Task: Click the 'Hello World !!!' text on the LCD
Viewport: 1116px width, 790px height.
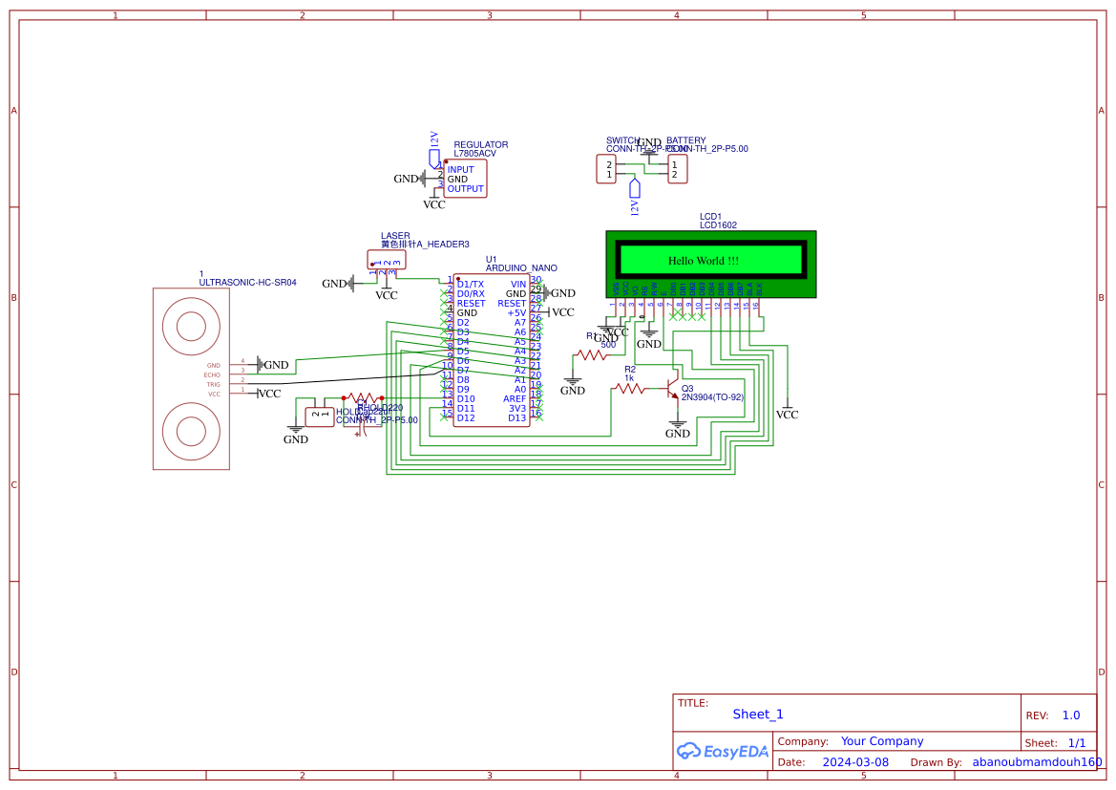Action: tap(703, 261)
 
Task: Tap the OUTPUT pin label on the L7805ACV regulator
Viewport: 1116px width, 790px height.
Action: tap(466, 189)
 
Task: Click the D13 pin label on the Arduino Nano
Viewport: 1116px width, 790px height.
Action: tap(516, 417)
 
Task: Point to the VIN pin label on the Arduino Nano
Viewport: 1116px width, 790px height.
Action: tap(518, 284)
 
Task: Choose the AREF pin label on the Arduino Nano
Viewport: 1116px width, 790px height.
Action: tap(515, 398)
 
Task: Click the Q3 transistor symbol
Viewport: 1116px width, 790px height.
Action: tap(673, 390)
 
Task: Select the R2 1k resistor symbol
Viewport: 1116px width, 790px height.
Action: tap(629, 389)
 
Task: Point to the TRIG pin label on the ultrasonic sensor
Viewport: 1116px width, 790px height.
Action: tap(213, 384)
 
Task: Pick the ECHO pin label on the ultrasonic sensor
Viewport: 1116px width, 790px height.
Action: tap(212, 374)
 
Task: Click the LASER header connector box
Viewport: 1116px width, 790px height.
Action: tap(386, 259)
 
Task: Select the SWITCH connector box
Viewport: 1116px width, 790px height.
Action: tap(606, 170)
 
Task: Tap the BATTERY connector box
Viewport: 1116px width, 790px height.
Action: tap(677, 170)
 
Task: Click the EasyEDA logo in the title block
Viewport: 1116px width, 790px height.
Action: tap(723, 752)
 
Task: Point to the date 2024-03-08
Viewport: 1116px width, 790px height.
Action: tap(855, 762)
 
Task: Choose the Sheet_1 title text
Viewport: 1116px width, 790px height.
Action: tap(758, 715)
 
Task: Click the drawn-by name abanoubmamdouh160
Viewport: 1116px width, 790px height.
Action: tap(1037, 762)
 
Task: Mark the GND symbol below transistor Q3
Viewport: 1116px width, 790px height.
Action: tap(678, 428)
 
